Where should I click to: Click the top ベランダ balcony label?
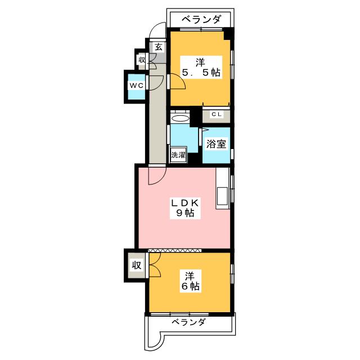(202, 19)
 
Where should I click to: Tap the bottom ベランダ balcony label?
(188, 322)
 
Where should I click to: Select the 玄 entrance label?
(159, 47)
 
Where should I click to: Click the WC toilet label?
(137, 85)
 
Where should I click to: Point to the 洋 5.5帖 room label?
(201, 67)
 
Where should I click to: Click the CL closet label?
(216, 114)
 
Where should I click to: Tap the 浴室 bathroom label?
(216, 144)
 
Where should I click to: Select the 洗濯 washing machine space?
(178, 155)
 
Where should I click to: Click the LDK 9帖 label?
(185, 208)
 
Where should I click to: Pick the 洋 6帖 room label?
(190, 281)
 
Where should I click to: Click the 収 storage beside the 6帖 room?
(136, 265)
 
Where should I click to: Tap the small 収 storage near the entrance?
(142, 60)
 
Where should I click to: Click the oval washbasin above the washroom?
(181, 118)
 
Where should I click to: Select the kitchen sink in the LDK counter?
(222, 196)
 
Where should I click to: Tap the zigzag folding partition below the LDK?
(175, 250)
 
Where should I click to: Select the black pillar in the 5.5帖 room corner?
(228, 34)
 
